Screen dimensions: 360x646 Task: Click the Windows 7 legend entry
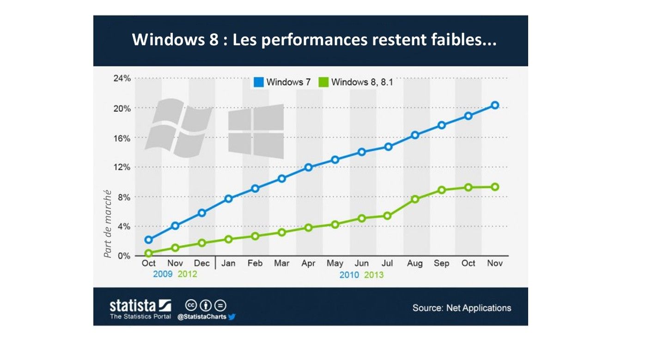point(282,82)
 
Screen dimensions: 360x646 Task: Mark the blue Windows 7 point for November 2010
point(495,105)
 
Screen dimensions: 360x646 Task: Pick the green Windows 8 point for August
point(415,199)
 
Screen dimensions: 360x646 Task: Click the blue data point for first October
point(148,239)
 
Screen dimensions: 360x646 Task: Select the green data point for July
point(388,216)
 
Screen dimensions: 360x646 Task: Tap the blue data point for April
point(308,167)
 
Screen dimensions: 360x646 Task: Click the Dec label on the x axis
point(201,263)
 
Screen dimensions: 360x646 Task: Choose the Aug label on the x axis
point(415,263)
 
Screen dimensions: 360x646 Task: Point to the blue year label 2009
point(163,274)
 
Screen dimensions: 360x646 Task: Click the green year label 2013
point(374,275)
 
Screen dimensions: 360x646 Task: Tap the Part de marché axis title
point(108,224)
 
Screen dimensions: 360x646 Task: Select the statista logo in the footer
point(140,306)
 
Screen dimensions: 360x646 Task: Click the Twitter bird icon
point(232,317)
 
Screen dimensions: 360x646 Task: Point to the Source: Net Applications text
point(462,308)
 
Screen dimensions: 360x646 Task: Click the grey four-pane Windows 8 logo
point(256,131)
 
